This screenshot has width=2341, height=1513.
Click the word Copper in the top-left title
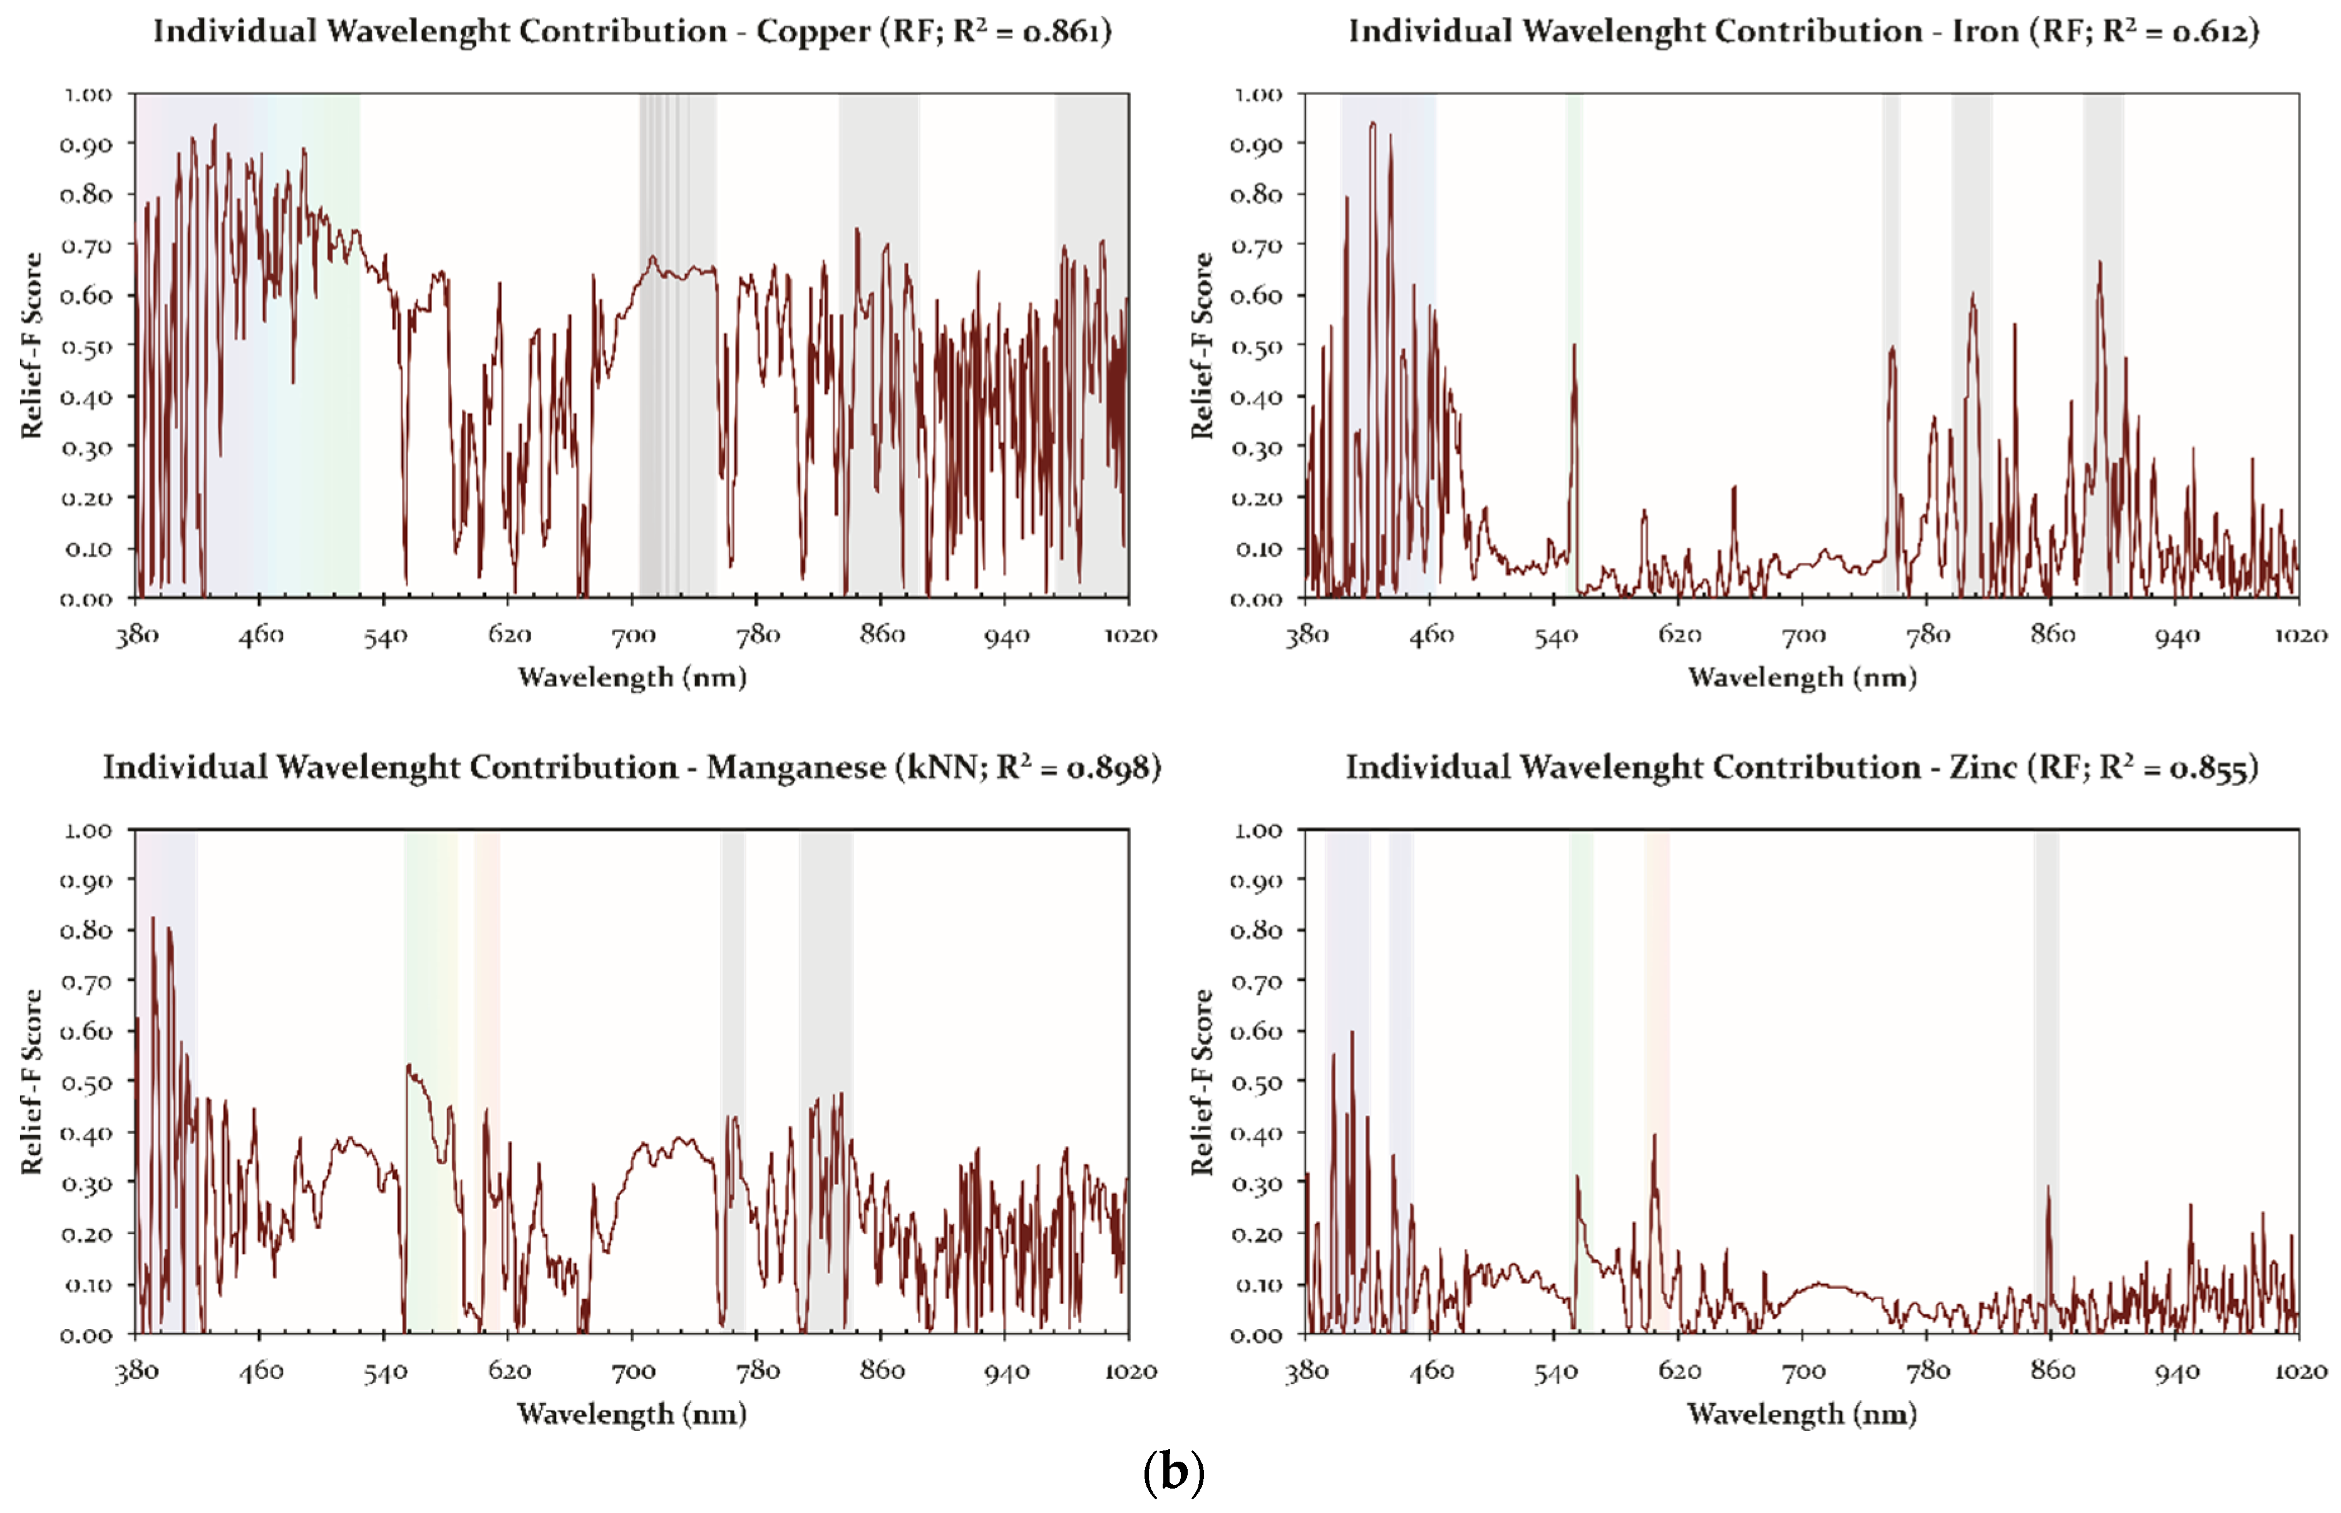point(812,31)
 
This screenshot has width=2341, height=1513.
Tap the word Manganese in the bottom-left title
point(795,767)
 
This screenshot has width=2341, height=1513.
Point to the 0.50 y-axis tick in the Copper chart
point(86,347)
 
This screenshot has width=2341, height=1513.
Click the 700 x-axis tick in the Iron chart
point(1803,636)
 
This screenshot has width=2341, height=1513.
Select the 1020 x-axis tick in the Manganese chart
point(1130,1372)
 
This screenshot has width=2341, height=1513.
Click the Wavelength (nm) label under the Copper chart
point(632,678)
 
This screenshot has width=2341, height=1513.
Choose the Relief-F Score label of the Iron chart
point(1201,346)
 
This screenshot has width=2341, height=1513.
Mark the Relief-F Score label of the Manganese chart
point(31,1082)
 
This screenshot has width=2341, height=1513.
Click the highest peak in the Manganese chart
point(152,920)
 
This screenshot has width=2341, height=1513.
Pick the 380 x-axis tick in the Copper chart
point(136,636)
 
